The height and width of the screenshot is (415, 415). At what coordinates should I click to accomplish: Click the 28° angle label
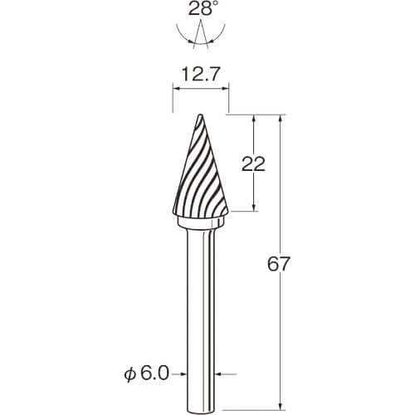tap(201, 9)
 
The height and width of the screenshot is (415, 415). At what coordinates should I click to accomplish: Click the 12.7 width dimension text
tap(201, 75)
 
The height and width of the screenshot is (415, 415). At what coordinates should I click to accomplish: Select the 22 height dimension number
tap(253, 164)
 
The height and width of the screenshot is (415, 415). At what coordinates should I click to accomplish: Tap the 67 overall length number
tap(279, 264)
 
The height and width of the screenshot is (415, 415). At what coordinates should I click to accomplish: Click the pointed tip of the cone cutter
tap(200, 115)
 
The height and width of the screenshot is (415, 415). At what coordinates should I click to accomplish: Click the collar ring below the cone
tap(201, 222)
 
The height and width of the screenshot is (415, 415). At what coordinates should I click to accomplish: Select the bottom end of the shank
tap(201, 413)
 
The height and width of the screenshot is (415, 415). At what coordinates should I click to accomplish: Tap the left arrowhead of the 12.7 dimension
tap(176, 89)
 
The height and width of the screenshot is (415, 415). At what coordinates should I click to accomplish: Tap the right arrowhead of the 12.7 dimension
tap(226, 89)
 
